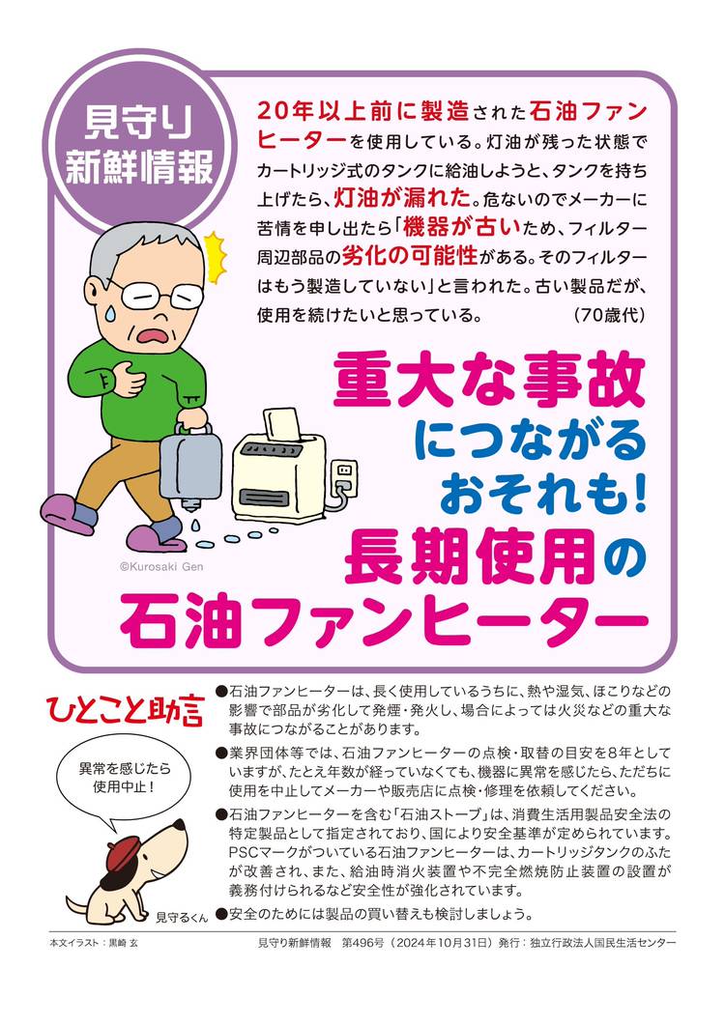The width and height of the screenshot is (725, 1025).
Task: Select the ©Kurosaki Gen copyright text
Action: coord(161,567)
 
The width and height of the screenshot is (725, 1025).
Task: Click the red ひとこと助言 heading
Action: coord(125,710)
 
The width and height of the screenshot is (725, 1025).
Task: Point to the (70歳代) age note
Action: coord(609,315)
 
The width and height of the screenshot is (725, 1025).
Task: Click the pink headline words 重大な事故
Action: coord(489,380)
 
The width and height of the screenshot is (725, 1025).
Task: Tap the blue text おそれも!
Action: coord(543,498)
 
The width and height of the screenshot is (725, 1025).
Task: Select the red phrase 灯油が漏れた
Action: coord(402,197)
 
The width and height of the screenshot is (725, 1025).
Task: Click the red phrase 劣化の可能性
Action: coord(410,256)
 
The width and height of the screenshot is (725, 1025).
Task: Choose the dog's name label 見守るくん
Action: coord(182,918)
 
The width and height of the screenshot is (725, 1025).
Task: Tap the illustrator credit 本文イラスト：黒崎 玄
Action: coord(94,943)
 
